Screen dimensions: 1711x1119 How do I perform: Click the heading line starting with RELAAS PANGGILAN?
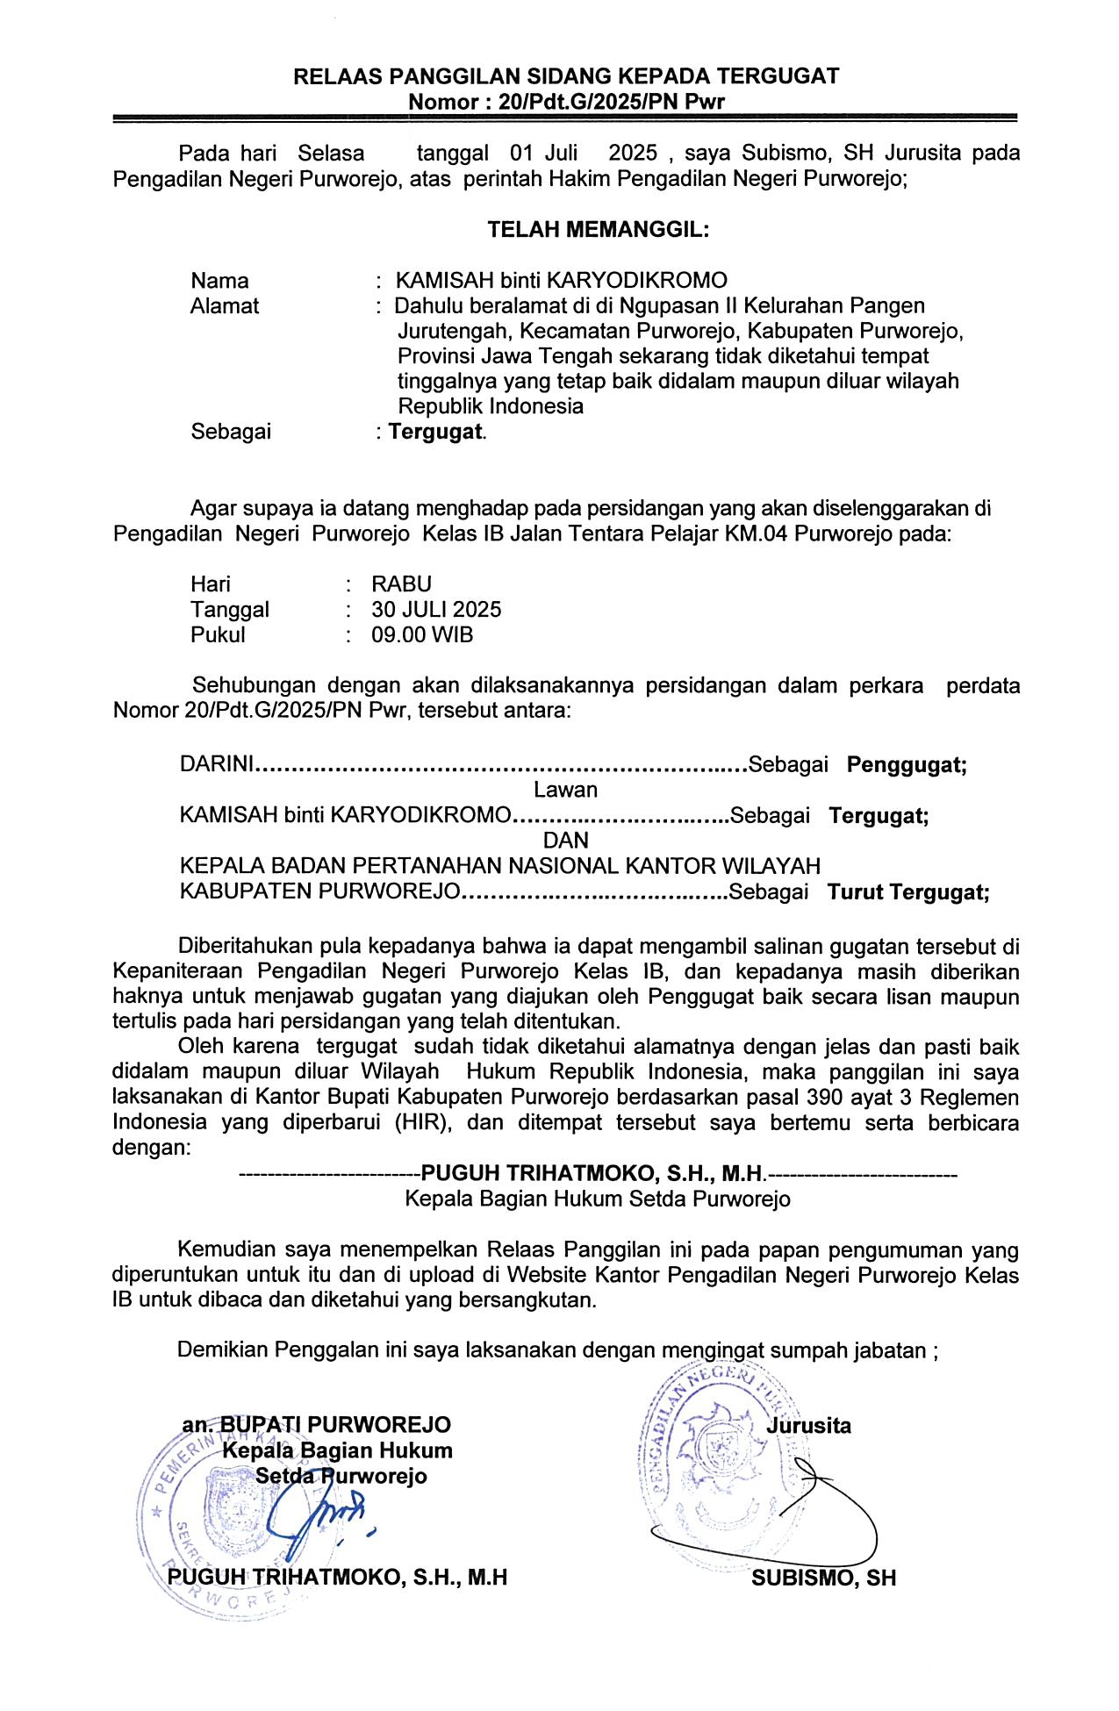pyautogui.click(x=566, y=76)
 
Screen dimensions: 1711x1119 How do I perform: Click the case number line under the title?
pyautogui.click(x=566, y=102)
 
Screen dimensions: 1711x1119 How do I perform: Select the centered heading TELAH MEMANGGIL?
pyautogui.click(x=598, y=230)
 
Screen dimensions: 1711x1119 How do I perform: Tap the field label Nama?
pyautogui.click(x=219, y=281)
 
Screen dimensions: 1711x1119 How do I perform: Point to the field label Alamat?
pyautogui.click(x=225, y=306)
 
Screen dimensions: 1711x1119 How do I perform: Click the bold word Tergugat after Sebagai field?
pyautogui.click(x=436, y=432)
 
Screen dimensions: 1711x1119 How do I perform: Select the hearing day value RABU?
pyautogui.click(x=401, y=584)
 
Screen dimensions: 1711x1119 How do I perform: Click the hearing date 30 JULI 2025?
pyautogui.click(x=436, y=610)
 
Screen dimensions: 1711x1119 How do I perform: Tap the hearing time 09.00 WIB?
pyautogui.click(x=422, y=635)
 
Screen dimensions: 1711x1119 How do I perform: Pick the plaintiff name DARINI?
pyautogui.click(x=216, y=765)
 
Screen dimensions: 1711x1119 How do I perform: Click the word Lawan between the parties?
pyautogui.click(x=565, y=790)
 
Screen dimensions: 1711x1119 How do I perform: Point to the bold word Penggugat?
pyautogui.click(x=906, y=765)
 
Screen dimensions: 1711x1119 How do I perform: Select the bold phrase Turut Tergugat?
pyautogui.click(x=907, y=893)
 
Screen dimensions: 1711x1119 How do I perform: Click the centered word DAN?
pyautogui.click(x=565, y=841)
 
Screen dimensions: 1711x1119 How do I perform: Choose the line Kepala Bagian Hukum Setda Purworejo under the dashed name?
pyautogui.click(x=597, y=1199)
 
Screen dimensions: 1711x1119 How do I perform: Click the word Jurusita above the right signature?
pyautogui.click(x=808, y=1426)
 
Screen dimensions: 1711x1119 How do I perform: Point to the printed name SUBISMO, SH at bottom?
pyautogui.click(x=823, y=1579)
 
